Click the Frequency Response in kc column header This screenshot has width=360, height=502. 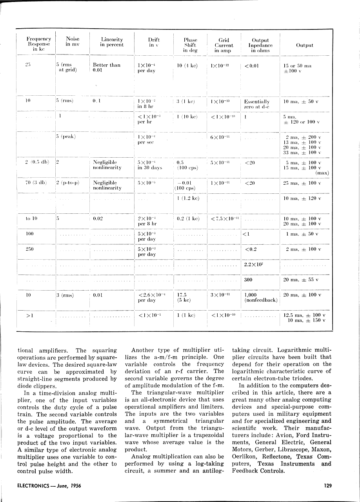(38, 44)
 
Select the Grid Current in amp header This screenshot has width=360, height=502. (224, 45)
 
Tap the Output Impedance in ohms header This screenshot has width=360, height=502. (260, 45)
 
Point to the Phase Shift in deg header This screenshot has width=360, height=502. (190, 45)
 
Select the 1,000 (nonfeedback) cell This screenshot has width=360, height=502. (260, 298)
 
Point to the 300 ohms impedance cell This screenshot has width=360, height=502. (248, 280)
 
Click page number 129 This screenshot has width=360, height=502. (328, 486)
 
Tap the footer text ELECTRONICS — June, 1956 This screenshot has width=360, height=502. (48, 486)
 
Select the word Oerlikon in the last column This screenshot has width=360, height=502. (244, 457)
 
